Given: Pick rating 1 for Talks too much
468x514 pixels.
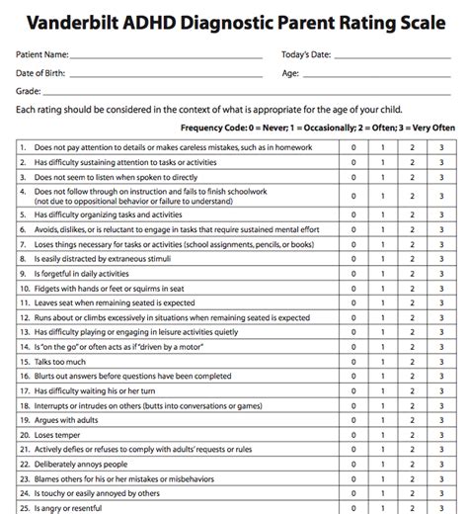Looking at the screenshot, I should [x=383, y=362].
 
